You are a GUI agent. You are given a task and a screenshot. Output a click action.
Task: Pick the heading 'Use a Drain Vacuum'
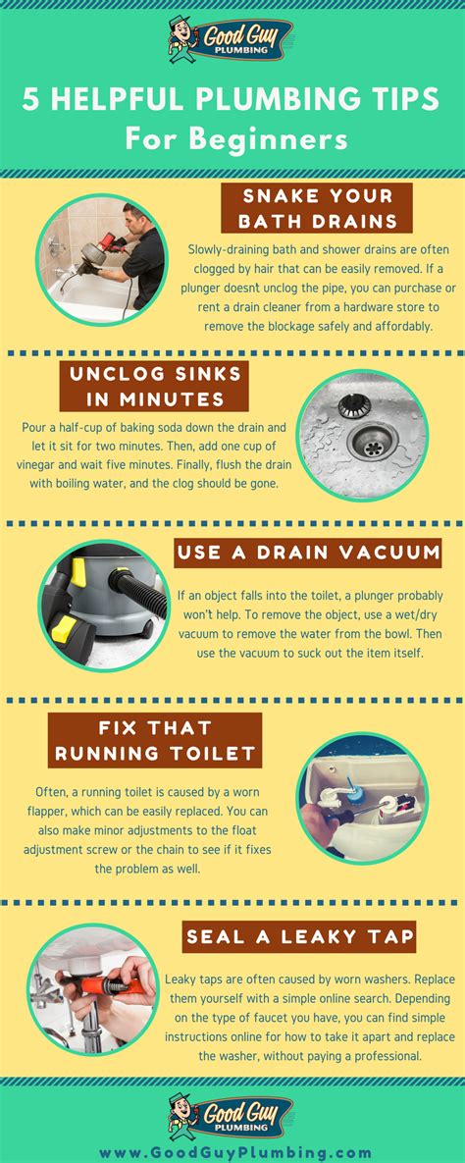pyautogui.click(x=308, y=553)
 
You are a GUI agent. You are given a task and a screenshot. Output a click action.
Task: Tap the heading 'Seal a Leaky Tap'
pyautogui.click(x=299, y=937)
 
